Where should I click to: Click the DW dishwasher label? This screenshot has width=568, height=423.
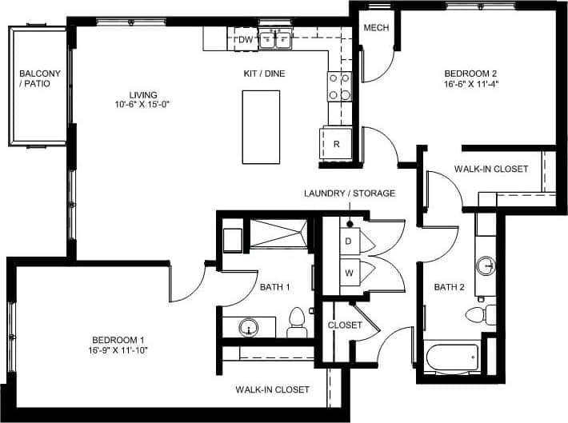coord(246,39)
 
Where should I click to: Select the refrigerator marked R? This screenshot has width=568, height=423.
coord(337,144)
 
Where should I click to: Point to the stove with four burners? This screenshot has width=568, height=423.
coord(339,86)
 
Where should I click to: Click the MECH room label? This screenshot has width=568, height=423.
coord(376,28)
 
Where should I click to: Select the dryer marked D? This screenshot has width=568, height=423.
coord(349,241)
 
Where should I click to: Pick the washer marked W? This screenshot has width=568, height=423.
coord(349,273)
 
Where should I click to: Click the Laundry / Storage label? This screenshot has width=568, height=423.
coord(350,194)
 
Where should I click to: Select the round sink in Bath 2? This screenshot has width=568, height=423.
coord(486,265)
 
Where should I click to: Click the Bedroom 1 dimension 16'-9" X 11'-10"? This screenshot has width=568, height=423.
coord(118,349)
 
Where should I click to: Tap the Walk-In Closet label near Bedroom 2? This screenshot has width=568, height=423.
coord(490,169)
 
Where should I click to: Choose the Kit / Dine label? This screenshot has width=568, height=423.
coord(264,74)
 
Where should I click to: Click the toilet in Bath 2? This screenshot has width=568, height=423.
coord(477,314)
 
